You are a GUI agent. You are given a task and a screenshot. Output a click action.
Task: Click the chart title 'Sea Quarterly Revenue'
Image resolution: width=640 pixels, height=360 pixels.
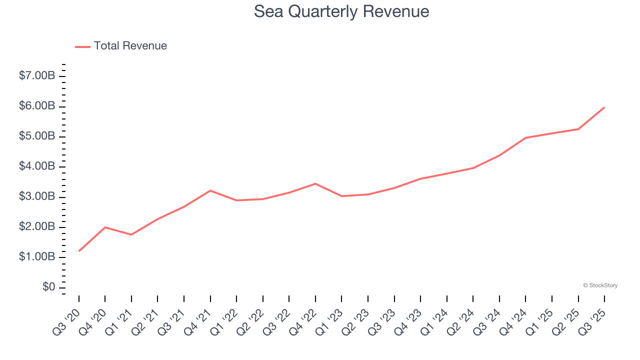pyautogui.click(x=341, y=11)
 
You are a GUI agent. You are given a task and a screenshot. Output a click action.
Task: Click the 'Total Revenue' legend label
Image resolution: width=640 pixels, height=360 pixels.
pyautogui.click(x=130, y=46)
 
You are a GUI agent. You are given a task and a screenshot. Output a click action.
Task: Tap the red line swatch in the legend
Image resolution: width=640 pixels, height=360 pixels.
pyautogui.click(x=82, y=46)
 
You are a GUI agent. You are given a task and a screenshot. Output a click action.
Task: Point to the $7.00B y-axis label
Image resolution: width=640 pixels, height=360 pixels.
pyautogui.click(x=37, y=76)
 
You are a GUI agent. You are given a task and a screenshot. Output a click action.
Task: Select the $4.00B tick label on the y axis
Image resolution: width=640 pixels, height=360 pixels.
pyautogui.click(x=37, y=166)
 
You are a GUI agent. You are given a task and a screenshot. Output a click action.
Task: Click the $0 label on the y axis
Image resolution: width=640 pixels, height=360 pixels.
pyautogui.click(x=48, y=287)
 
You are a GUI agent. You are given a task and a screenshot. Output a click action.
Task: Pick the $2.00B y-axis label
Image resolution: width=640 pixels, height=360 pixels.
pyautogui.click(x=37, y=227)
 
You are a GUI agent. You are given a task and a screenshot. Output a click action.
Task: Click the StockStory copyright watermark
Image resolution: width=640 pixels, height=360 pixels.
pyautogui.click(x=600, y=285)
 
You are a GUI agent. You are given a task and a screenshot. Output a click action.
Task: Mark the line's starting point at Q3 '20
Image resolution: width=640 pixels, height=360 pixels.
pyautogui.click(x=79, y=251)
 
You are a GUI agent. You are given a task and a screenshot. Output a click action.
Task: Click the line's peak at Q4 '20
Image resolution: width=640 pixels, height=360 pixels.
pyautogui.click(x=105, y=227)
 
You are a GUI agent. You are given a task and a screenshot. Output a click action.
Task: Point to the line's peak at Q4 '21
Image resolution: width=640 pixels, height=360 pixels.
pyautogui.click(x=210, y=190)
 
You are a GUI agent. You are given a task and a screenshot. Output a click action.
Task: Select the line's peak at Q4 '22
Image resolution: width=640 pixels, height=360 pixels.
pyautogui.click(x=315, y=183)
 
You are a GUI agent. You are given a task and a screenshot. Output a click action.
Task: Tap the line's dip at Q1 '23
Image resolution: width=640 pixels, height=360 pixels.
pyautogui.click(x=341, y=196)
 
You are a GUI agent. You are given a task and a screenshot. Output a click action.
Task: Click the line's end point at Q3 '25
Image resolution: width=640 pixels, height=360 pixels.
pyautogui.click(x=604, y=107)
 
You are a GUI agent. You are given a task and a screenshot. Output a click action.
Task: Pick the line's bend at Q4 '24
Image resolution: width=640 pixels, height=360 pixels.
pyautogui.click(x=525, y=137)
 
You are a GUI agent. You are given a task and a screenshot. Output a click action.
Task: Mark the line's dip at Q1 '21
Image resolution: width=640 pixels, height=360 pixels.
pyautogui.click(x=131, y=234)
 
